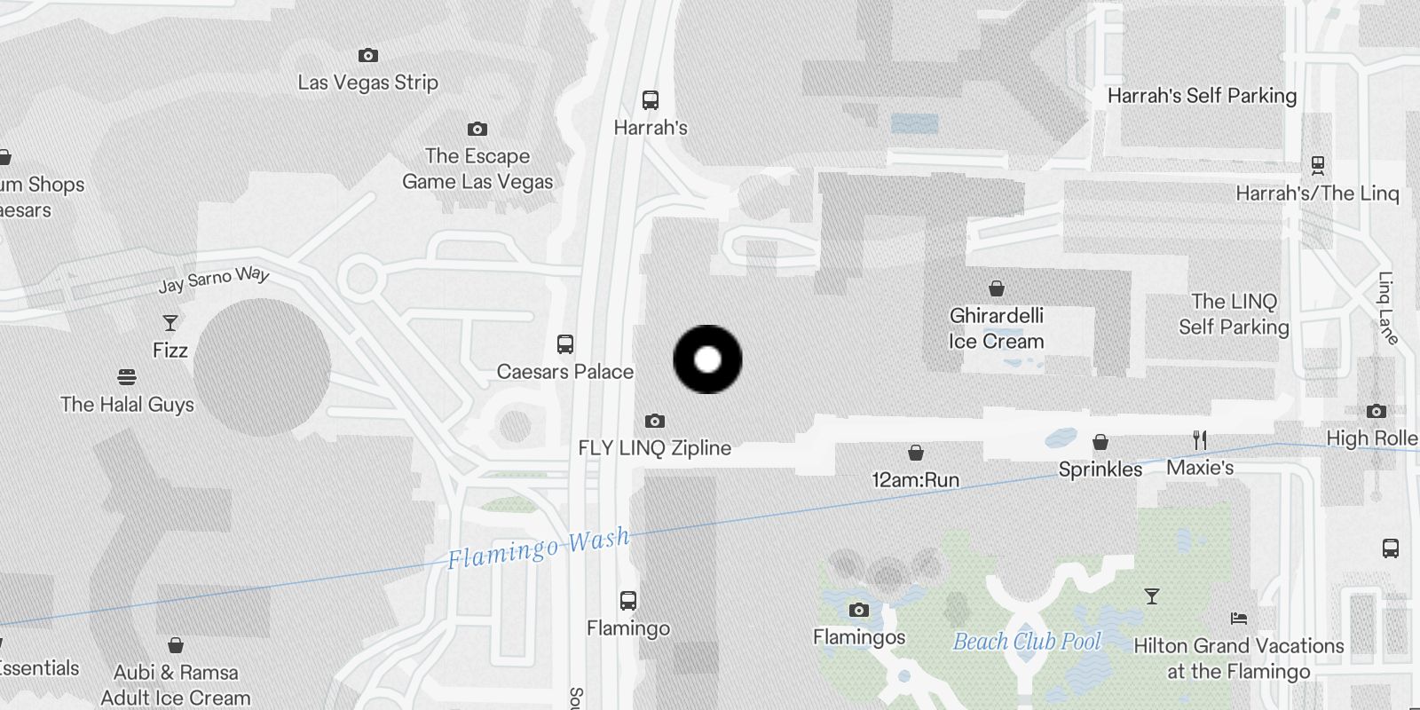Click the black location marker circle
point(707,359)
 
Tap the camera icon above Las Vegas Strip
point(367,56)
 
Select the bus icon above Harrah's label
point(651,100)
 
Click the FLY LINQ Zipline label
point(654,448)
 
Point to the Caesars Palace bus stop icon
point(565,344)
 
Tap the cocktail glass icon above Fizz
point(170,323)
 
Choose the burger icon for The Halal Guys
point(127,377)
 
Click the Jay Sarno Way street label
point(214,279)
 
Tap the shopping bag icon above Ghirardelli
point(997,288)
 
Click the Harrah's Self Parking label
point(1202,96)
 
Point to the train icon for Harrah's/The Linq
point(1318,165)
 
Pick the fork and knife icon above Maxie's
point(1200,440)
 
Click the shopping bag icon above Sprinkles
point(1100,442)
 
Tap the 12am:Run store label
point(916,480)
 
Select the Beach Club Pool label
point(1027,642)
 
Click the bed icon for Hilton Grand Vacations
point(1239,619)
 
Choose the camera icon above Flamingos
point(858,610)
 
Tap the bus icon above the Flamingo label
point(628,601)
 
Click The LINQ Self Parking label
point(1234,314)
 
